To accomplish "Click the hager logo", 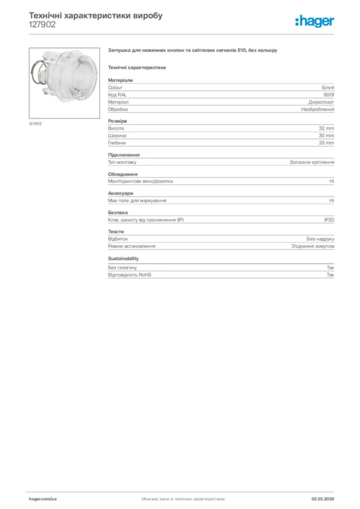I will pos(314,21).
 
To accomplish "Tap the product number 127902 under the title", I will pos(42,24).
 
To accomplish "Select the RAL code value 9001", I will pos(329,94).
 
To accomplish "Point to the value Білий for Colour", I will pos(328,87).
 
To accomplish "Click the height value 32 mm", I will pos(326,128).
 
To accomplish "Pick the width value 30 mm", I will pos(326,136).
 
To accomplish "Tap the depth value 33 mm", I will pos(326,143).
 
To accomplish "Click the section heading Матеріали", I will pos(120,80).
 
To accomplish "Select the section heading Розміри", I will pos(117,121).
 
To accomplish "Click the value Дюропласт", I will pos(321,102).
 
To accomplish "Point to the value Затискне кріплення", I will pos(312,162).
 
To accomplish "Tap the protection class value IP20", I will pos(329,220).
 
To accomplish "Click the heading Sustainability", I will pos(123,258).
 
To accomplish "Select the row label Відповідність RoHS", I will pos(130,275).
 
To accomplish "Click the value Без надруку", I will pos(320,239).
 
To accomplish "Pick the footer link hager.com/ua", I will pos(43,499).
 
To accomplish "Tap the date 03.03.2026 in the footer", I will pos(323,499).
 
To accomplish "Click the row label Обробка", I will pos(118,109).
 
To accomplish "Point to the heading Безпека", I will pos(118,213).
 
